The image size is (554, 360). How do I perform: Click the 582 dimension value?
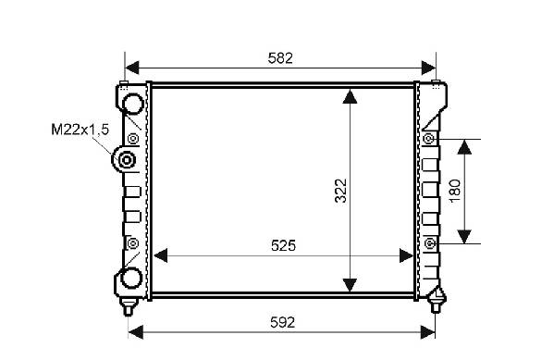(x=280, y=58)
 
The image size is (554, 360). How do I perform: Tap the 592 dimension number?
(x=282, y=322)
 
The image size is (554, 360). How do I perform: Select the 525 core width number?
(x=283, y=245)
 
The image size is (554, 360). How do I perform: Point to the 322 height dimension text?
(x=341, y=191)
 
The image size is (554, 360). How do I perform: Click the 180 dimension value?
(x=455, y=191)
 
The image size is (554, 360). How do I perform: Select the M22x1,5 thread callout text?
(x=80, y=130)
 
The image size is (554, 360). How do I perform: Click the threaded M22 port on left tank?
(x=126, y=160)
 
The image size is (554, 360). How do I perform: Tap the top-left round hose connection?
(x=132, y=104)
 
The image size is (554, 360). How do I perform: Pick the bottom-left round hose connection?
(x=131, y=278)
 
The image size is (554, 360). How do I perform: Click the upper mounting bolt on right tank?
(x=428, y=139)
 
